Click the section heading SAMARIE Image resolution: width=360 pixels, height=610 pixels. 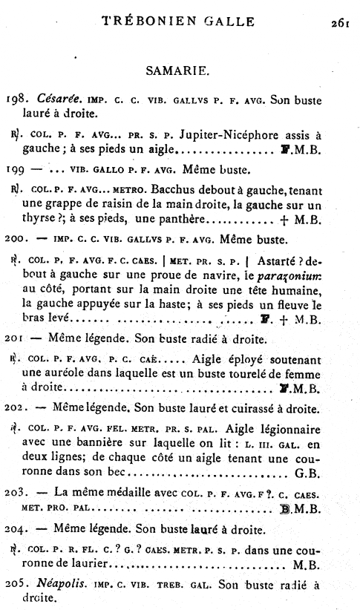pyautogui.click(x=180, y=71)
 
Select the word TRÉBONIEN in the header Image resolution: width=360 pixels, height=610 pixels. pyautogui.click(x=154, y=22)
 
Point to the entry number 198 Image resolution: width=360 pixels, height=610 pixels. pyautogui.click(x=17, y=100)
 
